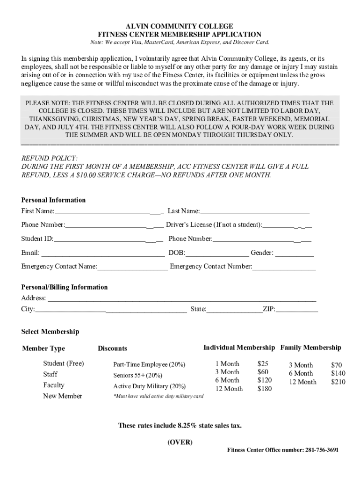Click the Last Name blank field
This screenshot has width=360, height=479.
pos(255,212)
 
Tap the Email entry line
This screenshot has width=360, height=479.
pos(103,254)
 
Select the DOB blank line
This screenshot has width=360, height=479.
pos(217,254)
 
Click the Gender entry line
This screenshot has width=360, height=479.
pos(295,254)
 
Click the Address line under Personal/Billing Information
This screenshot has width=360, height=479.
pos(182,299)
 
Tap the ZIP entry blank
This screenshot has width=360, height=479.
pos(297,310)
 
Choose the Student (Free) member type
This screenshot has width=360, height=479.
pos(64,363)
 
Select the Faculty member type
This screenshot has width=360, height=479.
pos(54,385)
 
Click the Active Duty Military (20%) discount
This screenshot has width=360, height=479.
pos(149,386)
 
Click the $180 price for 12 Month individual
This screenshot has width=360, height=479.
pos(264,389)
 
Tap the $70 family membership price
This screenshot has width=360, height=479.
pos(337,365)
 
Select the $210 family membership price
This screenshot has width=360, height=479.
pos(338,382)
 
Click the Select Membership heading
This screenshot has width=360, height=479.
pos(50,332)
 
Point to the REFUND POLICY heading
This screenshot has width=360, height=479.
pos(50,158)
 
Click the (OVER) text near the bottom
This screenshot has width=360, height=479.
pos(180,442)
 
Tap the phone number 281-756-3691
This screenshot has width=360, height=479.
pos(322,450)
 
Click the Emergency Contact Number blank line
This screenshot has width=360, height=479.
pos(284,268)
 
